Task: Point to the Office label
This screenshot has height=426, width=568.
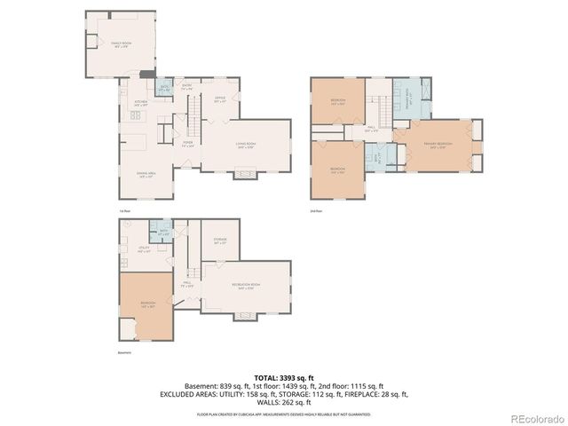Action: [219, 100]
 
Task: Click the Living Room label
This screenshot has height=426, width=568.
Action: [246, 146]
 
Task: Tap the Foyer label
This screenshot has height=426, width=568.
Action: [188, 145]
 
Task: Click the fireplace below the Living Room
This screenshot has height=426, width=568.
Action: [241, 175]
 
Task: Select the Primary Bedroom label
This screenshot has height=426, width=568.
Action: [437, 144]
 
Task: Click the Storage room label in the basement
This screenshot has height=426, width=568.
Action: [220, 241]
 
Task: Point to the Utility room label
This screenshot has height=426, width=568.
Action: [143, 250]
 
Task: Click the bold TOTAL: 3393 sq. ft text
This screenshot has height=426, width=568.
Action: [283, 378]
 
